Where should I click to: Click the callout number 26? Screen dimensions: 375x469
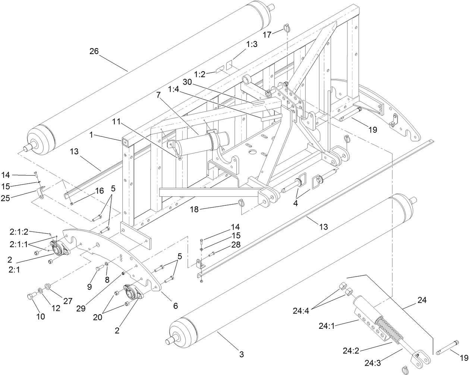point(94,51)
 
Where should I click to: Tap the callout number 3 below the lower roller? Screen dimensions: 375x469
point(242,354)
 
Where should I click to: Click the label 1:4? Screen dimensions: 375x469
point(174,89)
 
